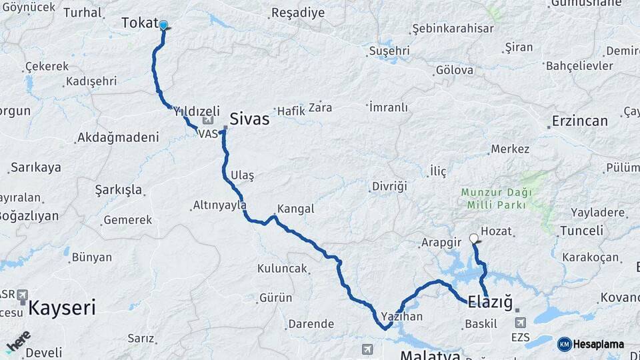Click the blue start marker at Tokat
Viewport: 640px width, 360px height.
(x=163, y=25)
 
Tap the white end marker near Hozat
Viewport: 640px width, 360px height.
(x=474, y=238)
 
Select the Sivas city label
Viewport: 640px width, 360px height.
(x=249, y=119)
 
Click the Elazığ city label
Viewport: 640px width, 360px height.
(x=490, y=301)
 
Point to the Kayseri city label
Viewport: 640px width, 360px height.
(x=62, y=308)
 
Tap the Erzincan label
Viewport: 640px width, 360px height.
(x=580, y=121)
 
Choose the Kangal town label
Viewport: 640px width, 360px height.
(x=295, y=209)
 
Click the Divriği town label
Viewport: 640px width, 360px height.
(x=389, y=186)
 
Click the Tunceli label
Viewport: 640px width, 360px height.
(x=581, y=231)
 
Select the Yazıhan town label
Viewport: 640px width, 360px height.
(x=402, y=316)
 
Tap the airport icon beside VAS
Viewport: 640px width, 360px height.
(x=208, y=121)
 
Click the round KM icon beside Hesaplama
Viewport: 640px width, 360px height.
(x=564, y=344)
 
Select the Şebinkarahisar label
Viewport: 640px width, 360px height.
(x=453, y=29)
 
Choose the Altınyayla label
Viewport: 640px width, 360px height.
(x=219, y=205)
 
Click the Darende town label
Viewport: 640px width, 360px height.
(x=310, y=324)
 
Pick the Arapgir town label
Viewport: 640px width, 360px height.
(x=441, y=242)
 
